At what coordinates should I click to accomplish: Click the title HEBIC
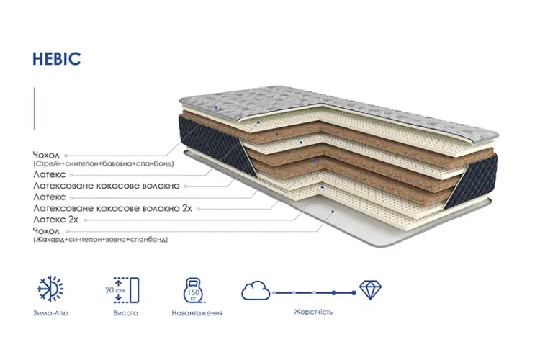56,59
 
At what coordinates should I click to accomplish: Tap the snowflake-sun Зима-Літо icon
50,289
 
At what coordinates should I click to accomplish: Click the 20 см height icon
122,290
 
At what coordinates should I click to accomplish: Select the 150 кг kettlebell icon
194,290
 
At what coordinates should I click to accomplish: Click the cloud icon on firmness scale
256,290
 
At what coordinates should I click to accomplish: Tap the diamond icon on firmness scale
370,289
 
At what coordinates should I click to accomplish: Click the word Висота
125,313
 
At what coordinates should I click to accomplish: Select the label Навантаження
197,313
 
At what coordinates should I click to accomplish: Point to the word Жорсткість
313,312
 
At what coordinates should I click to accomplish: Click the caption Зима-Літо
50,313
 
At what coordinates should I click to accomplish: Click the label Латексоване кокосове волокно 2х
112,208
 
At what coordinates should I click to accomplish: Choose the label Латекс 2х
55,220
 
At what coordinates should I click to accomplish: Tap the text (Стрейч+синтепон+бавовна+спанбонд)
103,163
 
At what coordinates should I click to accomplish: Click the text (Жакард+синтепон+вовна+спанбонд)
101,240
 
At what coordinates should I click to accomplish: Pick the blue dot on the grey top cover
216,107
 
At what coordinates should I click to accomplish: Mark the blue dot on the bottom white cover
333,212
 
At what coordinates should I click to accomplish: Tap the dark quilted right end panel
472,182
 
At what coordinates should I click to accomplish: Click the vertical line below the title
35,109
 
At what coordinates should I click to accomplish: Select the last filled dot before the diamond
354,293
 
